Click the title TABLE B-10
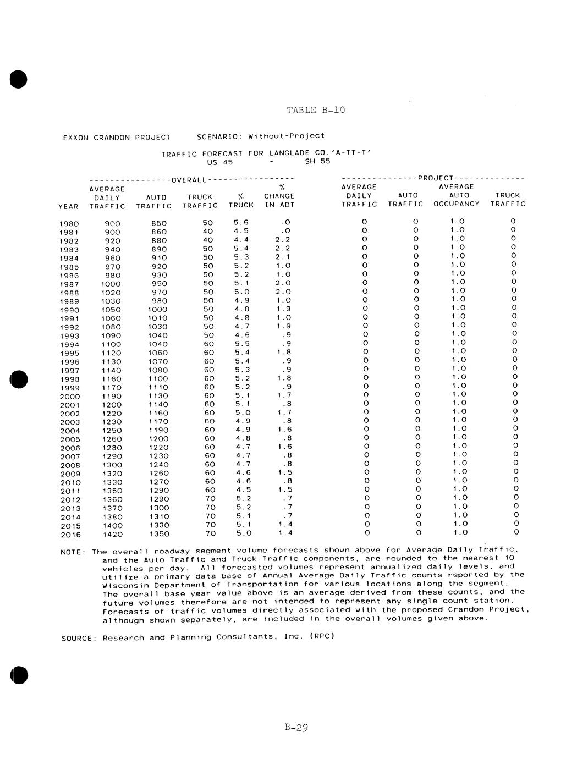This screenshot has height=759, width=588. pos(316,110)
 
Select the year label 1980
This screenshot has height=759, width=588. pos(69,224)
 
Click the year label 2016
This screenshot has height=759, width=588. pos(70,535)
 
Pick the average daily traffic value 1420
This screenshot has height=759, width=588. pos(112,534)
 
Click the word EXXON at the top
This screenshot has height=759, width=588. pos(76,137)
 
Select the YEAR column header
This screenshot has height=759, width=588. pos(68,206)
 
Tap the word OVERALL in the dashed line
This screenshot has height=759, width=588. pos(189,179)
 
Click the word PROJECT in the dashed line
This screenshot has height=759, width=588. pos(436,178)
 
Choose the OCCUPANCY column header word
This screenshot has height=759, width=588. pos(457,204)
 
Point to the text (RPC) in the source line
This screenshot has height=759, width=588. pos(321,636)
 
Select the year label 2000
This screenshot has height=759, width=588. pos(70,397)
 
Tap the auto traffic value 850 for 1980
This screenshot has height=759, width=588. pos(159,223)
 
